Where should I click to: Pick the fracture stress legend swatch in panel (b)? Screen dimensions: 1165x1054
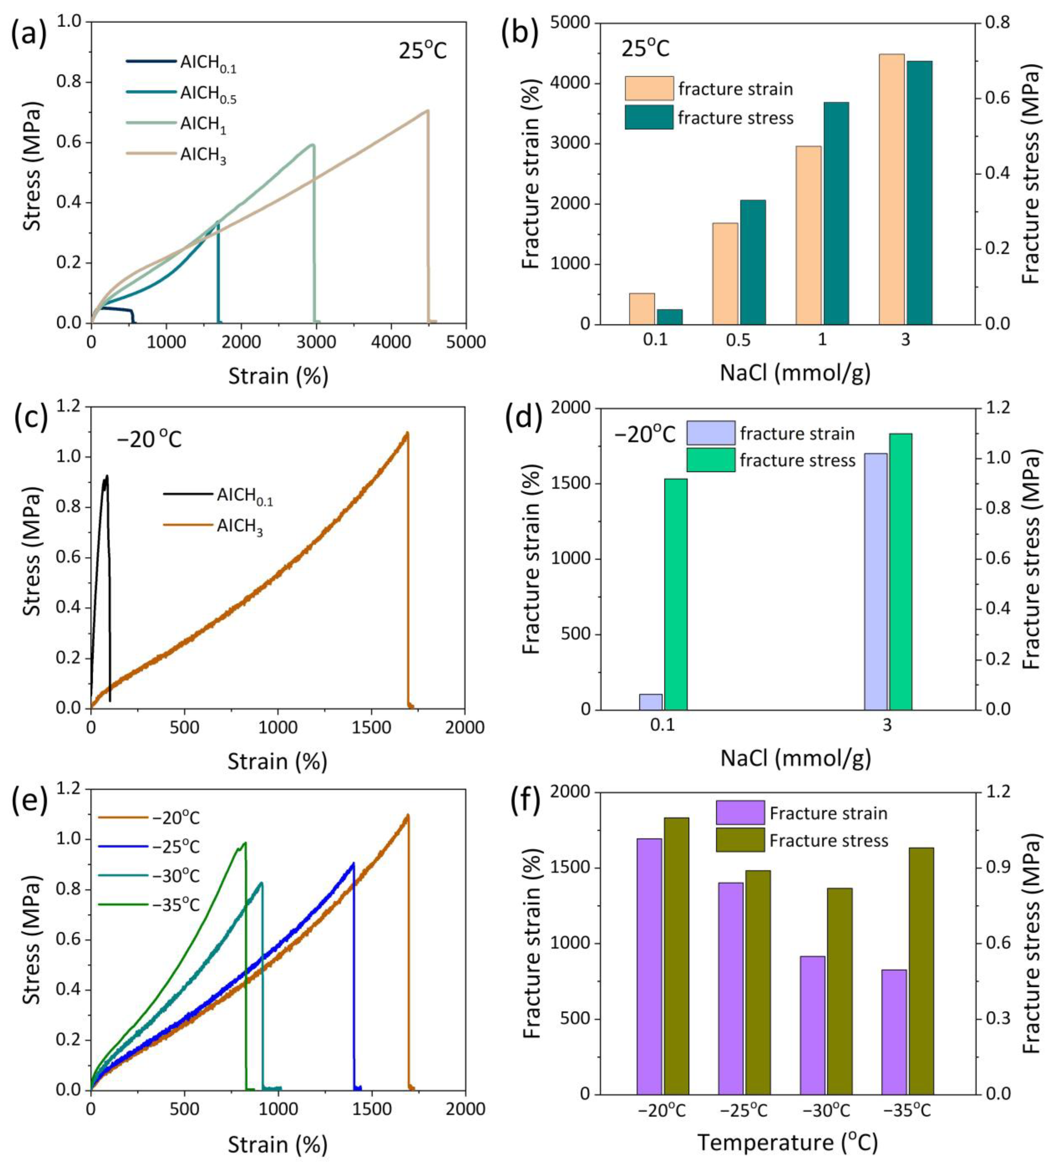coord(649,117)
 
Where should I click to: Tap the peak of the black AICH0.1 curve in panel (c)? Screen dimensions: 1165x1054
coord(106,476)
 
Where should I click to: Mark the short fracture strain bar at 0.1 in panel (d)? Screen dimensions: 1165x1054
coord(650,702)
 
